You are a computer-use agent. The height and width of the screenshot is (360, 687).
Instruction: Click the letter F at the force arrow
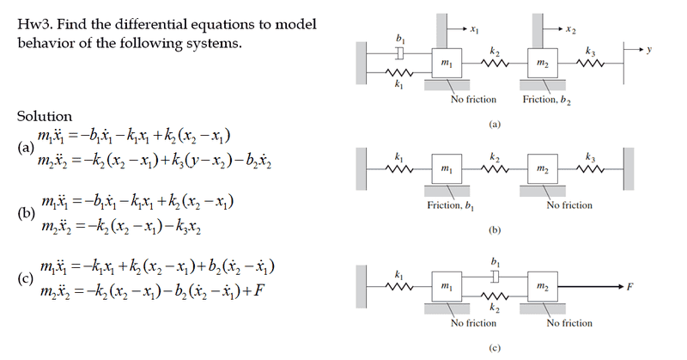[631, 284]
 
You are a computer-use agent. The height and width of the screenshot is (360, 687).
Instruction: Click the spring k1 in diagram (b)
[398, 166]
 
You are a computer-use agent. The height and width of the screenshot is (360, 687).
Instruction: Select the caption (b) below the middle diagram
[494, 231]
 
